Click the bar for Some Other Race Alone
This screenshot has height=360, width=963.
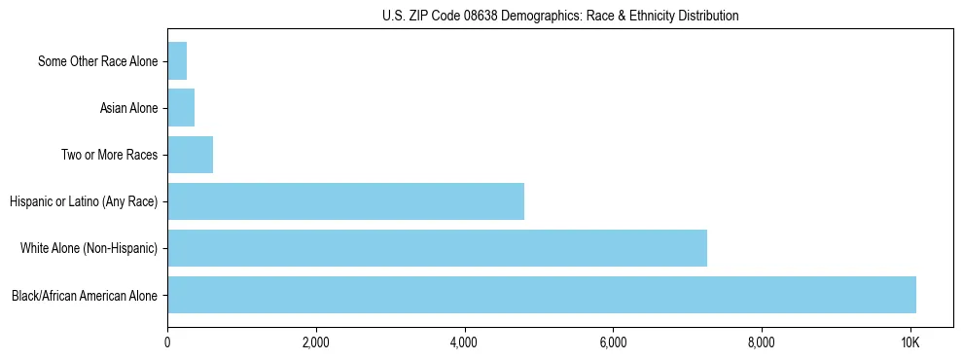177,61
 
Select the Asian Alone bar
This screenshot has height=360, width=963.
181,108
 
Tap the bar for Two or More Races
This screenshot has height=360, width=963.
190,155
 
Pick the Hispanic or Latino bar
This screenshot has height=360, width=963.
345,201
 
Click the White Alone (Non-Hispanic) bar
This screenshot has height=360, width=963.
437,248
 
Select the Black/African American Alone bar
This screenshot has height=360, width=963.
542,295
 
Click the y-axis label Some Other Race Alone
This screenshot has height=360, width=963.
97,61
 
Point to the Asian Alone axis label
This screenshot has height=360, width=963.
128,108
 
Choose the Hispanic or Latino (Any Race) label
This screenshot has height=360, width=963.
84,201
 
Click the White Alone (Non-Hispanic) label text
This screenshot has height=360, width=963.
89,248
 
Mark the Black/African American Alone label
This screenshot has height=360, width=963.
85,295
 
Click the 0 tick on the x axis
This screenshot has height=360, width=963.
167,342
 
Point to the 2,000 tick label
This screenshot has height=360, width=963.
316,342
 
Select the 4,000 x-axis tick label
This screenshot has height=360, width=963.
464,342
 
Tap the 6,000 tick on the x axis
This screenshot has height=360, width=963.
613,342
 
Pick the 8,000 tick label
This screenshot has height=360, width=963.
761,342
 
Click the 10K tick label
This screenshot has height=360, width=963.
909,342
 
